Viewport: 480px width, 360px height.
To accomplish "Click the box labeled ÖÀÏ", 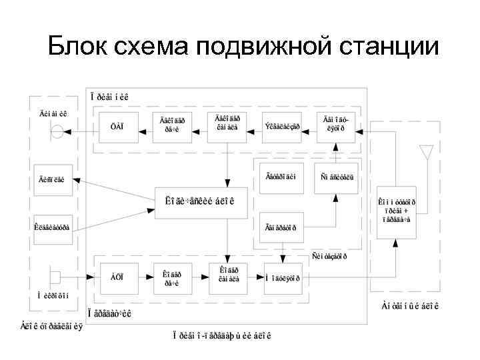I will [x=117, y=126].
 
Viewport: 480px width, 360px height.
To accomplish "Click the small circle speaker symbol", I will [x=58, y=132].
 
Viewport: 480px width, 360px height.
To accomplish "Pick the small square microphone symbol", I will [x=55, y=276].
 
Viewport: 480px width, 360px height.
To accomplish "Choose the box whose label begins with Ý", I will [x=283, y=126].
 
